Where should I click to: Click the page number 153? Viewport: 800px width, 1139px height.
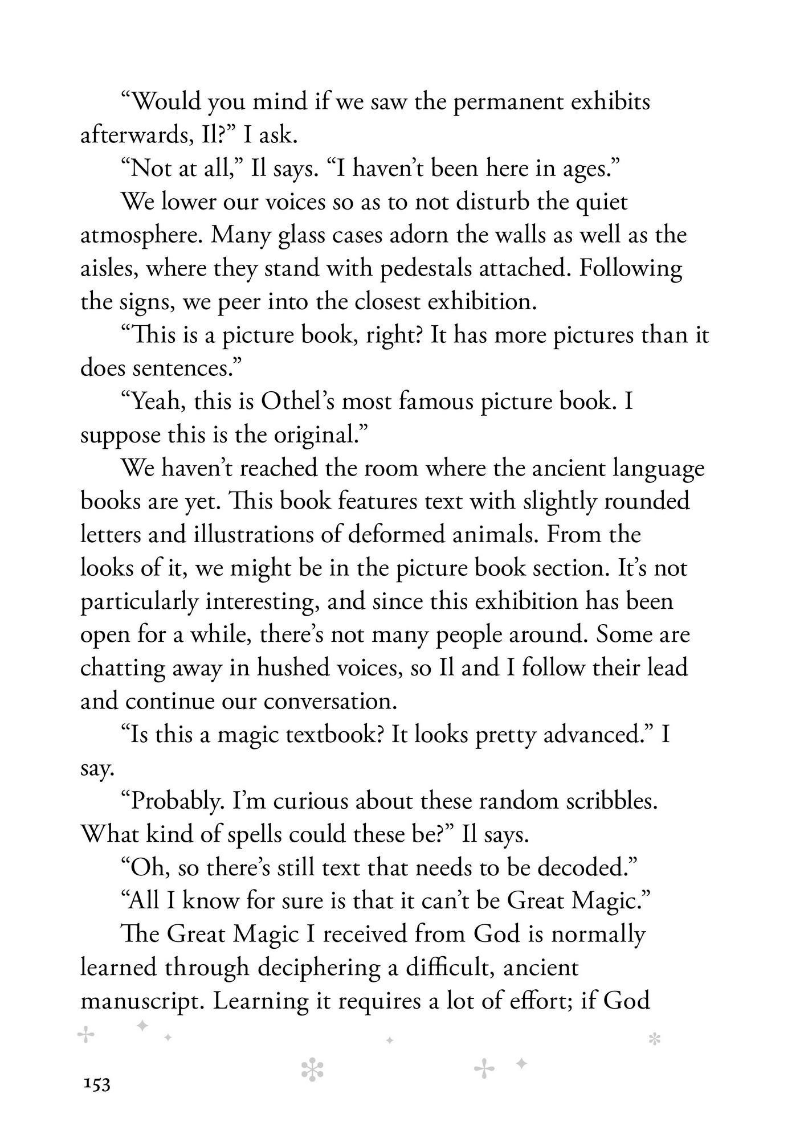(96, 1084)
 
